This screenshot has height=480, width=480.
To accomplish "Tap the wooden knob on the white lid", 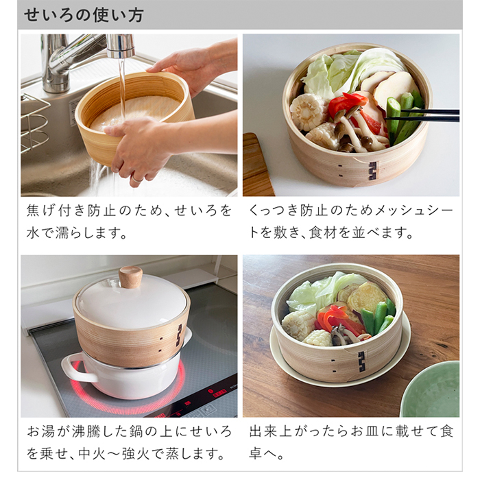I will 130,277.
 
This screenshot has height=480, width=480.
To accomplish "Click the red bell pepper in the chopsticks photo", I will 347,105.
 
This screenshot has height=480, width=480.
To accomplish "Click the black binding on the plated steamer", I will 361,361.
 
